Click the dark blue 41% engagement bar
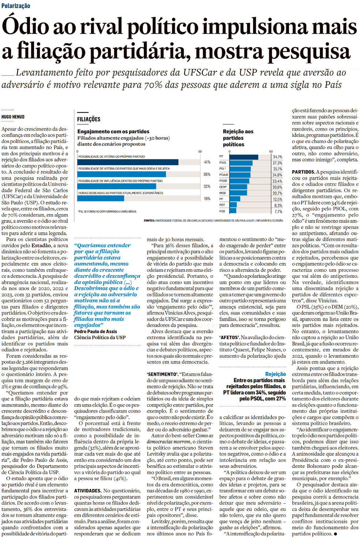128,162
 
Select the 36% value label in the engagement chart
207,174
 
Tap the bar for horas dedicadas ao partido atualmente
101,199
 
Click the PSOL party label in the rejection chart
223,163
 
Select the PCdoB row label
224,175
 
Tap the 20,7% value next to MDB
277,193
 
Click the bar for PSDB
239,181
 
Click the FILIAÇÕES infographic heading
89,119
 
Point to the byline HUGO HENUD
13,117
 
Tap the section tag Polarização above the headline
15,6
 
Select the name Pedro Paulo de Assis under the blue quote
95,331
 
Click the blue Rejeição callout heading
275,374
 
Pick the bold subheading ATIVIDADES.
87,490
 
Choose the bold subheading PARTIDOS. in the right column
303,172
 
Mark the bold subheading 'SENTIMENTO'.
162,374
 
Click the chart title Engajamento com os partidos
113,131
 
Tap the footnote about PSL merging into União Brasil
107,211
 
